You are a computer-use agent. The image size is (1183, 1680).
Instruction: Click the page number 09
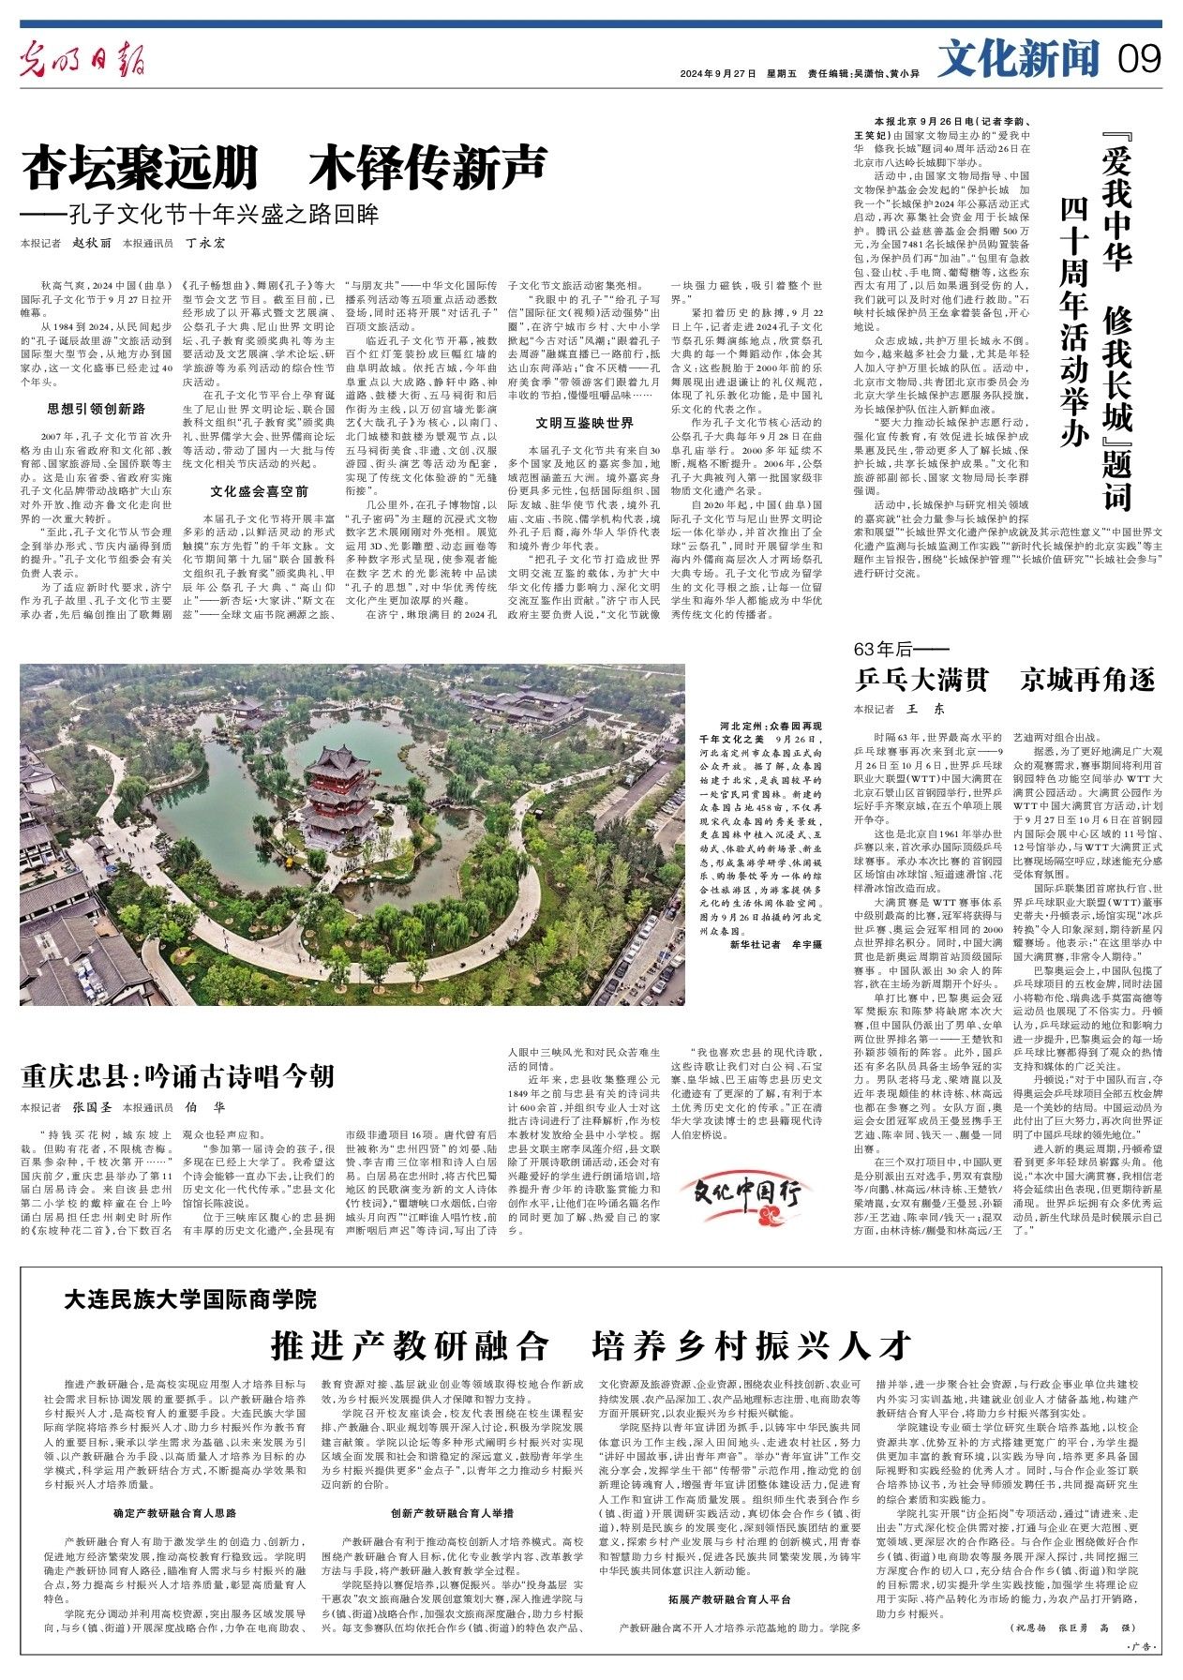[x=1139, y=60]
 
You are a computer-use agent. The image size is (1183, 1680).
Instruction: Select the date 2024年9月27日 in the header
[x=718, y=73]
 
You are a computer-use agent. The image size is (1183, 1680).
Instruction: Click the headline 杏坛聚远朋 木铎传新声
[x=284, y=168]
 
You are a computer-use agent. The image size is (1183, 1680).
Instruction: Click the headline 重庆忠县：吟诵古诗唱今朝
[x=178, y=1075]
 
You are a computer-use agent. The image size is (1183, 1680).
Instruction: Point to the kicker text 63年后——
[x=888, y=650]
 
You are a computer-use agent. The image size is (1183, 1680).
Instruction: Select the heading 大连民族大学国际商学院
[x=190, y=1298]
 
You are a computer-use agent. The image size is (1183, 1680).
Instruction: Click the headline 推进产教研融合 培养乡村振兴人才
[x=591, y=1345]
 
